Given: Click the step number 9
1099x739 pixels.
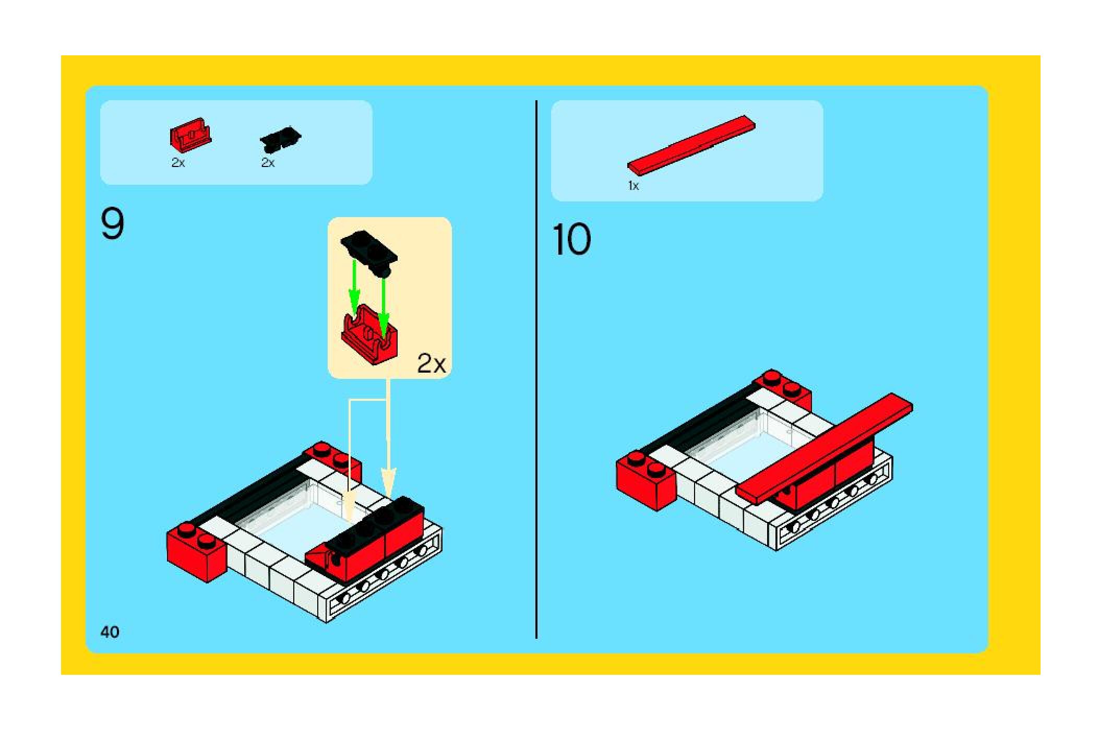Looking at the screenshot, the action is point(112,224).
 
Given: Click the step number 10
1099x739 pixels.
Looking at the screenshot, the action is point(571,240).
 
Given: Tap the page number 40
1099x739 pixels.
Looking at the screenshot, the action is point(110,632).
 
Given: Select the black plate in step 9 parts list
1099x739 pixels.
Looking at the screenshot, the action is point(280,138).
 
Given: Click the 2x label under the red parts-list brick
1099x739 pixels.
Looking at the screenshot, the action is point(178,163).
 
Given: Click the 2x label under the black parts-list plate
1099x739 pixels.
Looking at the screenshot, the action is point(268,163).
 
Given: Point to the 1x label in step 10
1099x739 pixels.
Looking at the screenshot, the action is point(633,186).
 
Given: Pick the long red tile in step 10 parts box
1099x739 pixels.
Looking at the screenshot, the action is point(691,144).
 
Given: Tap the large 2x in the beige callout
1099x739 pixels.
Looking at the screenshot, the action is point(431,364).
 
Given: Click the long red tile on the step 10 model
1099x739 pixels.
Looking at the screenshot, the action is point(825,449).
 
